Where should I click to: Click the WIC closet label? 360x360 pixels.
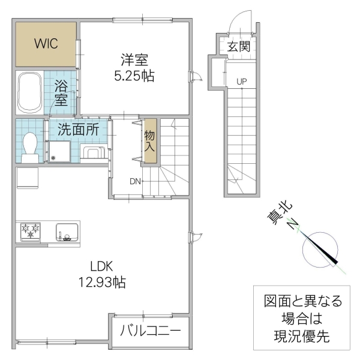46,44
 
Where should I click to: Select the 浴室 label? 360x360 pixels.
61,92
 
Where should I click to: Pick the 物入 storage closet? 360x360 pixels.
149,142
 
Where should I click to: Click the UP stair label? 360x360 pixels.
241,81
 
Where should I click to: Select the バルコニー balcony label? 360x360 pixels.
150,331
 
